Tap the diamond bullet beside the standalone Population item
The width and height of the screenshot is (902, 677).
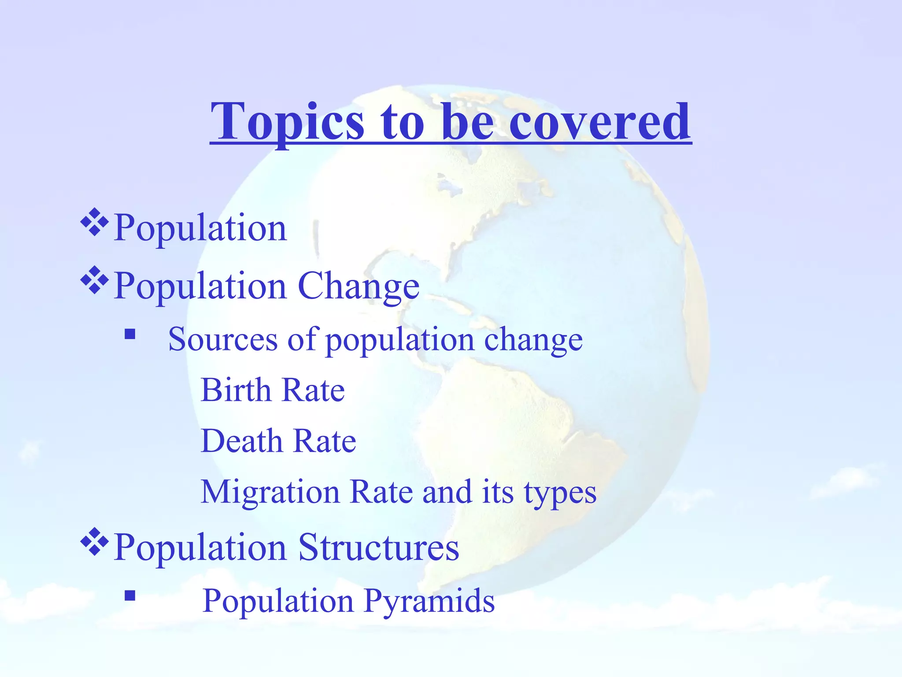(95, 223)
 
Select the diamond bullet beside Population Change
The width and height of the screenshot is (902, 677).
(95, 280)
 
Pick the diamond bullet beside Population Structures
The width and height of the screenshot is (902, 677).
(95, 542)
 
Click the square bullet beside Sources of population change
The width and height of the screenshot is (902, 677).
(129, 334)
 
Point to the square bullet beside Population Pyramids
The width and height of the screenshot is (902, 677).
(129, 596)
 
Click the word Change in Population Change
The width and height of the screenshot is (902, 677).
(359, 286)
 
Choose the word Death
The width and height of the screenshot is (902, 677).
(241, 441)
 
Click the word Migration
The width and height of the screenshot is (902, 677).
(270, 492)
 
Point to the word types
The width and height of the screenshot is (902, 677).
(560, 493)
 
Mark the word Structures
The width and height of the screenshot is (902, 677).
(378, 547)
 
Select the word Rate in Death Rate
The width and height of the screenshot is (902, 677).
(325, 441)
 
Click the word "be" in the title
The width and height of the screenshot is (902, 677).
(467, 121)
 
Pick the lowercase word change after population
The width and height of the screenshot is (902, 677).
(533, 340)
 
